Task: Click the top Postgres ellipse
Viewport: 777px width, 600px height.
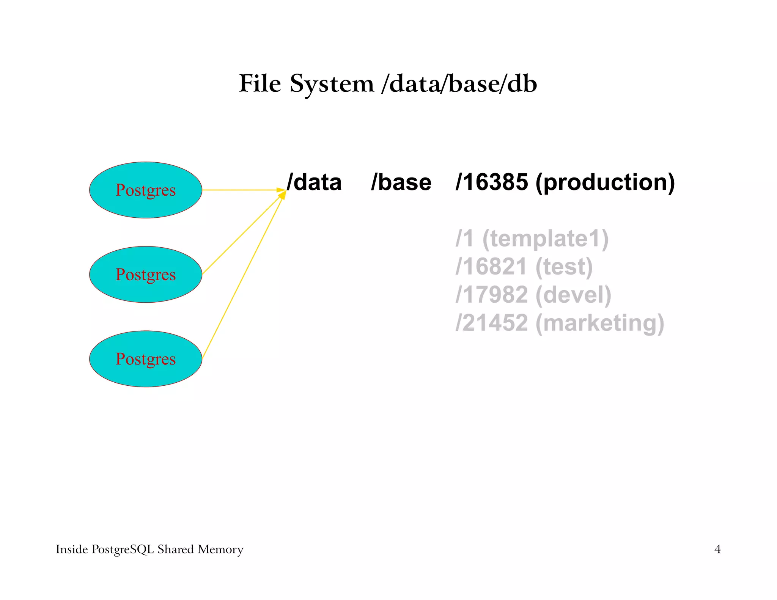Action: [146, 190]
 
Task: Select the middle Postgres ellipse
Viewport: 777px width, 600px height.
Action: [146, 274]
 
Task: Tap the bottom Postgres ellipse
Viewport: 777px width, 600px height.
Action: [146, 359]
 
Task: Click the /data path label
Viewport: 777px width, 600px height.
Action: [314, 182]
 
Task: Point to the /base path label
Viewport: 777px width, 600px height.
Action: [401, 182]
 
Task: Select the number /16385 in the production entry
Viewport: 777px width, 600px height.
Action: [491, 182]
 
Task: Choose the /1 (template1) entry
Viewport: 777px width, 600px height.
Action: [532, 239]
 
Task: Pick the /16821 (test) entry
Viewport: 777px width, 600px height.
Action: [524, 267]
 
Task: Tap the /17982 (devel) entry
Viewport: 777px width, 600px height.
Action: [533, 295]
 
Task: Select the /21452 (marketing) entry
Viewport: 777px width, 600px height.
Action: [560, 323]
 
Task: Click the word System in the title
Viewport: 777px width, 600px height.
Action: [332, 84]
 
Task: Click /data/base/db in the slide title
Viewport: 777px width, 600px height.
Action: [459, 84]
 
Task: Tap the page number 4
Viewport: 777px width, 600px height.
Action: [717, 549]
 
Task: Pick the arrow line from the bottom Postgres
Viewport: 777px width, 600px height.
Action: [243, 277]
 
